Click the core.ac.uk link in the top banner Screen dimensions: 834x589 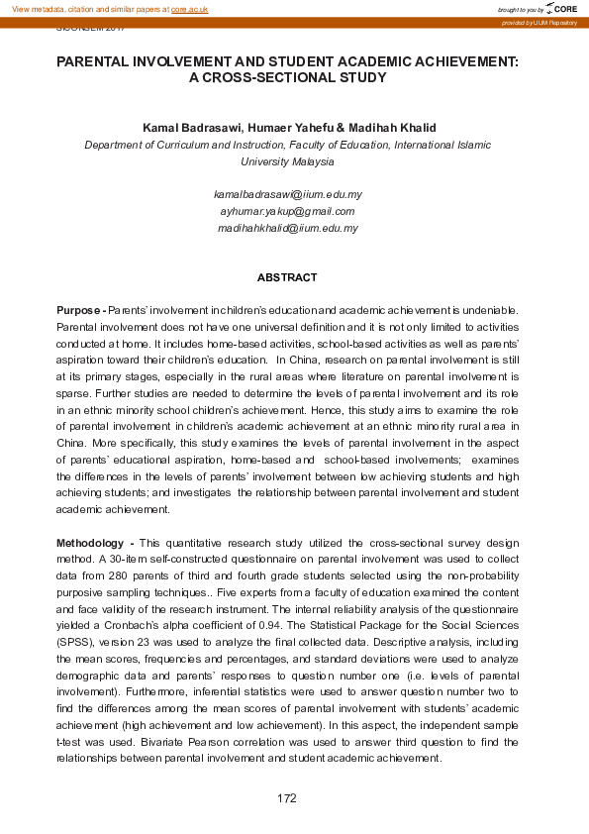point(190,8)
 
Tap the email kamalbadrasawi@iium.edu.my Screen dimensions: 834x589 point(287,194)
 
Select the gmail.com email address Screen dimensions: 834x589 point(287,211)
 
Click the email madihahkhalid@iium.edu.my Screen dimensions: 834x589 point(287,228)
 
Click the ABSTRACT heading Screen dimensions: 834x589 point(287,277)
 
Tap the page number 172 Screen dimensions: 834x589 point(287,798)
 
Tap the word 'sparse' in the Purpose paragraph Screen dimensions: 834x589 point(72,393)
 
